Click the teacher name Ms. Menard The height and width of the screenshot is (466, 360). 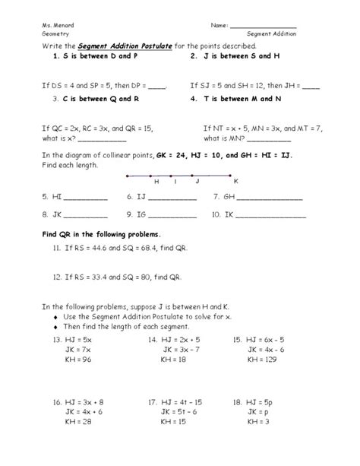pos(57,26)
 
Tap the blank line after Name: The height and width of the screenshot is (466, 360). pos(263,27)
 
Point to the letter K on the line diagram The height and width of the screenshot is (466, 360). pos(235,182)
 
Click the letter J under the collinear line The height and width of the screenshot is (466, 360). pos(196,182)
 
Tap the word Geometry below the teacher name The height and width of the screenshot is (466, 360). pos(55,35)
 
